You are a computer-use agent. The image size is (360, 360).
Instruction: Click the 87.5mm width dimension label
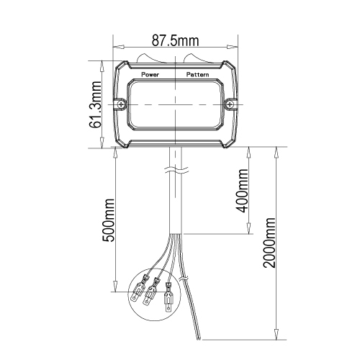(175, 41)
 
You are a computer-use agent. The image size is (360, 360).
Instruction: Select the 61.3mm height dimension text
(95, 104)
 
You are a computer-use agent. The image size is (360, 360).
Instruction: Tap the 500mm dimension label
(109, 220)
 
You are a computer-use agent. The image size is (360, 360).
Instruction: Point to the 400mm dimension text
(242, 191)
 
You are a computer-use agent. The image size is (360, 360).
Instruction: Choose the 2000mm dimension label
(269, 243)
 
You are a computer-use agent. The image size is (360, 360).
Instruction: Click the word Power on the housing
(150, 74)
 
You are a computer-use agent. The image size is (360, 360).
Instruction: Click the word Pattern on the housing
(198, 75)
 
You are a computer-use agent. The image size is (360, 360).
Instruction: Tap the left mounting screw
(122, 104)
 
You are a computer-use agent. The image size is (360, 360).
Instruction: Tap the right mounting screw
(230, 104)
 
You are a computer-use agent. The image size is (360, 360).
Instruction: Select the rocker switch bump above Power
(148, 58)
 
